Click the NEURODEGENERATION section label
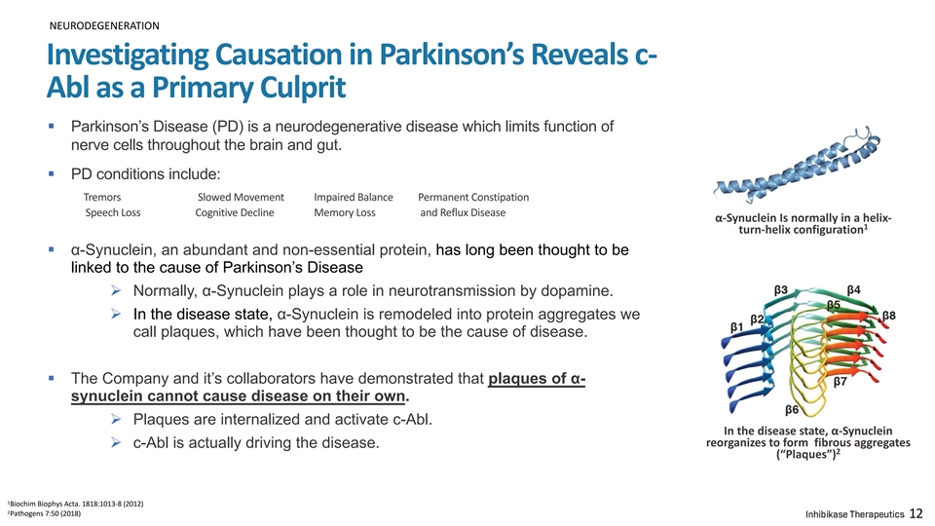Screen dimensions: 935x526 point(104,25)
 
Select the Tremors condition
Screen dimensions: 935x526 point(102,198)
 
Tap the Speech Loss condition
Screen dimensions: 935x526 point(113,213)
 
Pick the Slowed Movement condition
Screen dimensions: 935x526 point(241,198)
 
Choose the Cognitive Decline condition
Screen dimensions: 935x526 point(235,213)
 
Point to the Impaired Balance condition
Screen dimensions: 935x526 point(354,198)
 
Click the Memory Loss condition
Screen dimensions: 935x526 point(345,213)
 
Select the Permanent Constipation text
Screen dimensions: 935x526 point(473,198)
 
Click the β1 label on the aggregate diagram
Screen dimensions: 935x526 point(737,327)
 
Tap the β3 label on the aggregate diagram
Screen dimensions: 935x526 point(781,290)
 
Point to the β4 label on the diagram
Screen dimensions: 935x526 point(854,290)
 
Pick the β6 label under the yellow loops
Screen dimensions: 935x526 point(792,410)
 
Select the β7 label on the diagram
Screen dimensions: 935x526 point(841,381)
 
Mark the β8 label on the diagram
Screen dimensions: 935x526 point(889,315)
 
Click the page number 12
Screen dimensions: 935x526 point(916,513)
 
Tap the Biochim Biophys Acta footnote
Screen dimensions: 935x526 point(75,504)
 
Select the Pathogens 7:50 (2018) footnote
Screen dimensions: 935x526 point(44,513)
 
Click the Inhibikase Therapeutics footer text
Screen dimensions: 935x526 point(854,514)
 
